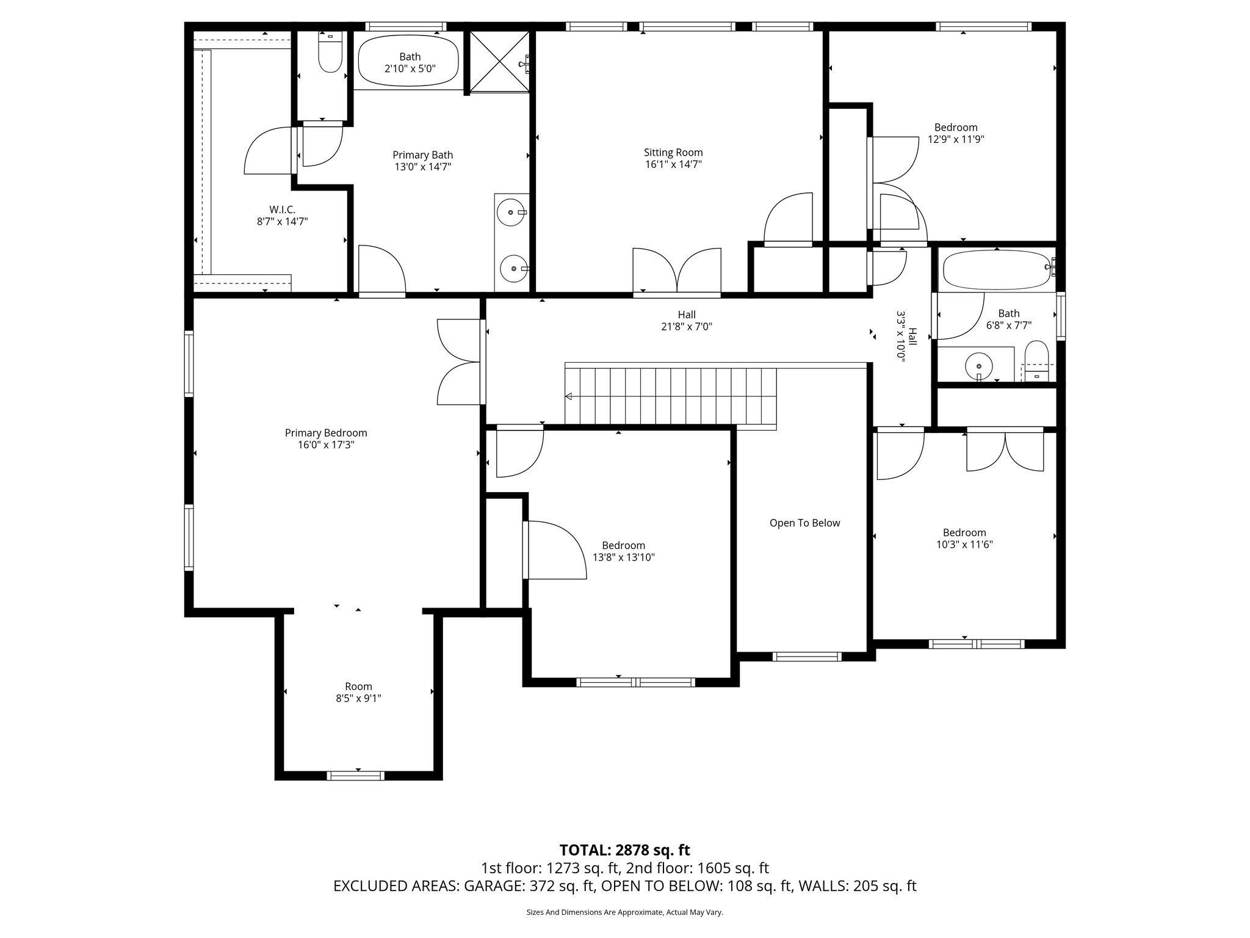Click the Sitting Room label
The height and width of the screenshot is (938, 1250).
673,153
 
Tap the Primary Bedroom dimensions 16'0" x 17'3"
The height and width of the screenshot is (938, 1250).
326,445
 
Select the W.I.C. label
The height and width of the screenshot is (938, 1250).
281,209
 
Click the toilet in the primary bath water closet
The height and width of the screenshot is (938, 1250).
330,53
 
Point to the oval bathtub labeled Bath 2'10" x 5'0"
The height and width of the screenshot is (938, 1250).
408,63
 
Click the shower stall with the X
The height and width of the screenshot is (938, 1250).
499,61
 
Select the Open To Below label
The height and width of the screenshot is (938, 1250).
804,523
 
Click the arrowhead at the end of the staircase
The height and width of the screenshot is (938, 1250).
568,396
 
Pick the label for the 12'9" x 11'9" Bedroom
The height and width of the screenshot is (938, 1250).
956,128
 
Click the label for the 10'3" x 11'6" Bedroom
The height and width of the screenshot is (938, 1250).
964,533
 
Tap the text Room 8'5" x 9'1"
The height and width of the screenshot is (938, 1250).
358,692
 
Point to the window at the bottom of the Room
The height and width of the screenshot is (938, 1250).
356,776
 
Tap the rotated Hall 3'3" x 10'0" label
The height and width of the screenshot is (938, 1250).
906,336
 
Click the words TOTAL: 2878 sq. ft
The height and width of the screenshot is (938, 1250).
624,850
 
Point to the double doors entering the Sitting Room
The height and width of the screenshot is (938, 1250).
677,272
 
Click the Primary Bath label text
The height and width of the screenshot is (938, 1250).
422,155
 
